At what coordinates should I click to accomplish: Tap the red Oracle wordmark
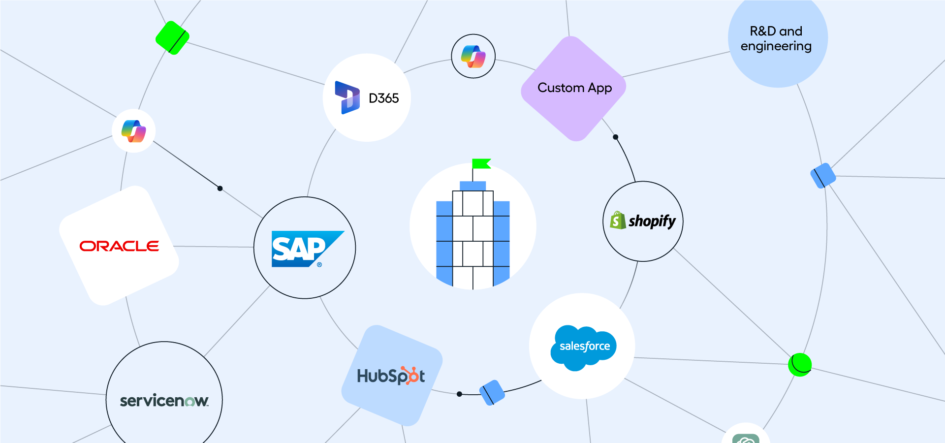(x=119, y=246)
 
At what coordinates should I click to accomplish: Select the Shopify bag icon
(x=618, y=221)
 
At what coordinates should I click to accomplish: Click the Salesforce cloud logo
(x=584, y=348)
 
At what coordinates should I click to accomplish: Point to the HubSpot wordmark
(x=391, y=376)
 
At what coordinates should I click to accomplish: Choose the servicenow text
(x=164, y=401)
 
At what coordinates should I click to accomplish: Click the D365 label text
(x=383, y=98)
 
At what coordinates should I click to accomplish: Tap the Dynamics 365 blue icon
(x=347, y=97)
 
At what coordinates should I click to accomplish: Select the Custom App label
(x=574, y=88)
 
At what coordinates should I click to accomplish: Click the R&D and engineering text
(x=776, y=38)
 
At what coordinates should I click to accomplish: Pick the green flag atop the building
(x=481, y=163)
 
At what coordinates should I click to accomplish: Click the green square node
(x=172, y=37)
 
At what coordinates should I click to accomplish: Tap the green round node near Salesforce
(x=800, y=365)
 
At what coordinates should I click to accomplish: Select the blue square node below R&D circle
(x=823, y=176)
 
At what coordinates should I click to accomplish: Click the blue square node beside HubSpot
(x=492, y=392)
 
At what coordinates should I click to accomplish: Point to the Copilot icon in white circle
(x=133, y=131)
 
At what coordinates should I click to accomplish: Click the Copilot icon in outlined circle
(x=473, y=56)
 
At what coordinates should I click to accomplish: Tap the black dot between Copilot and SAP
(x=220, y=189)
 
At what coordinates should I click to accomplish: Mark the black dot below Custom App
(x=615, y=137)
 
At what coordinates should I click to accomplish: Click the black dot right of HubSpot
(x=459, y=394)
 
